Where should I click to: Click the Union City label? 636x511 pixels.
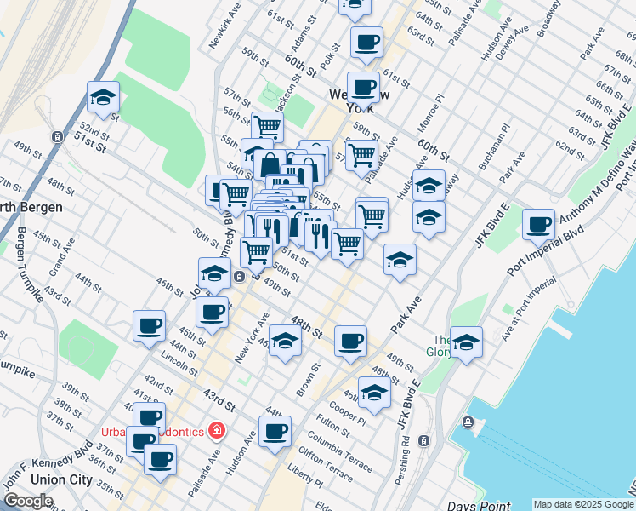[60, 479]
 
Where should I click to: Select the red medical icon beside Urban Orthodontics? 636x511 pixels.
[218, 431]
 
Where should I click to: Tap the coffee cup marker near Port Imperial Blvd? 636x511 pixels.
[538, 225]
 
